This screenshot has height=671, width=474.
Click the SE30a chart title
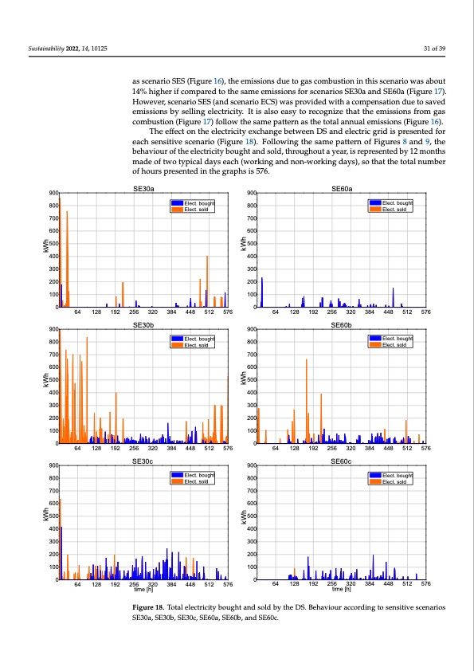[143, 188]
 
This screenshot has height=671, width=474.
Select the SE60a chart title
[342, 188]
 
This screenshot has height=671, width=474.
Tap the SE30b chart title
[143, 325]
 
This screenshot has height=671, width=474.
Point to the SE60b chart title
[342, 325]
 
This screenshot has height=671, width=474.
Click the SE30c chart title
[143, 461]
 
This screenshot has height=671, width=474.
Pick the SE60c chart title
[342, 461]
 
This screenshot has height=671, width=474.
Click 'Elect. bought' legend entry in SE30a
[195, 204]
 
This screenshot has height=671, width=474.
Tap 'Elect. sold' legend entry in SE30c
[195, 482]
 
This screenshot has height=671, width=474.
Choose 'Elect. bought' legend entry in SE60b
[394, 339]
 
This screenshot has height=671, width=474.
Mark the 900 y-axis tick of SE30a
[53, 193]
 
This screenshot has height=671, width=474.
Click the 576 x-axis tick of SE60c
[425, 584]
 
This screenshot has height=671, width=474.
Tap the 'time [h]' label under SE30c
[143, 590]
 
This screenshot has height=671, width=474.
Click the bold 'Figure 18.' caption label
[151, 607]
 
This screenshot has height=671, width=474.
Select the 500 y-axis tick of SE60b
[251, 380]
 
